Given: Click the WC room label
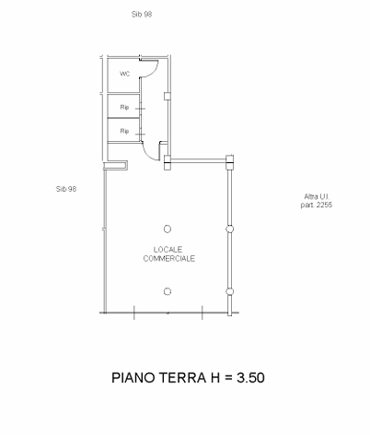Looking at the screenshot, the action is [124, 74].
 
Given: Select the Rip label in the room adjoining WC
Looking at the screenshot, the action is [124, 107].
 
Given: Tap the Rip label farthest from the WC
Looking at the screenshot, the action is [124, 131].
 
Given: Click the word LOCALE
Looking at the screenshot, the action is [168, 250].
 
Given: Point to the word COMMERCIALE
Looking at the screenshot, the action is [169, 258].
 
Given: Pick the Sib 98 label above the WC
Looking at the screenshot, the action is [142, 14].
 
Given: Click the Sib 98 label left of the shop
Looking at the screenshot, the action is [66, 189].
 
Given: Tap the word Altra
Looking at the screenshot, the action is [310, 196].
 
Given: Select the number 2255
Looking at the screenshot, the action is [324, 205].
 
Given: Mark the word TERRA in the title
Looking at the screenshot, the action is [182, 378].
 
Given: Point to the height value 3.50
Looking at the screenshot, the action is [250, 378].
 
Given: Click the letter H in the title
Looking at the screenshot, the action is [215, 378].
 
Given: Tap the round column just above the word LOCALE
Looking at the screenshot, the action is [168, 229].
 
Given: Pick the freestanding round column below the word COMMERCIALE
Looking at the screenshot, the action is [168, 291].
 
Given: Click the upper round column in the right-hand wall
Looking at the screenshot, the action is [229, 229].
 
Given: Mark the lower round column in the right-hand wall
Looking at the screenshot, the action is [229, 291].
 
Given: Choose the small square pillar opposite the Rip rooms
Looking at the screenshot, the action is [168, 97].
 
